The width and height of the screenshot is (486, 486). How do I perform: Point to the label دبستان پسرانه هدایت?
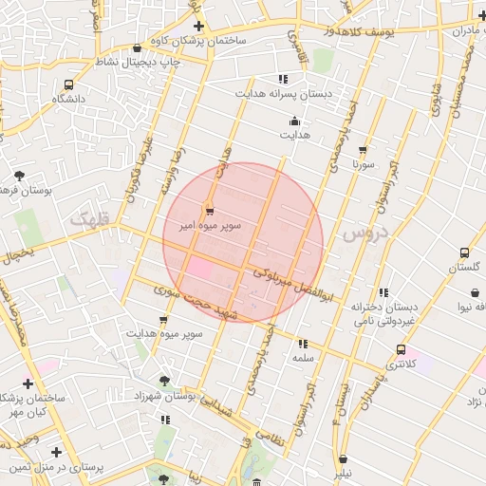coord(282,95)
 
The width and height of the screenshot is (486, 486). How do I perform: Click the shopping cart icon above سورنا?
coord(362,150)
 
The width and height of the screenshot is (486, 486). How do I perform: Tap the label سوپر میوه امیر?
coord(210,225)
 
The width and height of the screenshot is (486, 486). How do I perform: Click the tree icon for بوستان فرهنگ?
coord(20,176)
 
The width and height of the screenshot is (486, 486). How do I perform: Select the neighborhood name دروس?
coord(365,233)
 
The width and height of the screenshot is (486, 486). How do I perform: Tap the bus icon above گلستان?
coord(464,253)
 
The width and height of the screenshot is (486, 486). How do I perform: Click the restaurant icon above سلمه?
coord(303,344)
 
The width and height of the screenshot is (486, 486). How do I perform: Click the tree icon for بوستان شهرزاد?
coord(166,381)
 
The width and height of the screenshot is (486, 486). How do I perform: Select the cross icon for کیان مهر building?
coord(28,384)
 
